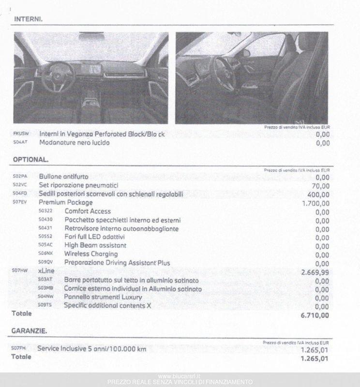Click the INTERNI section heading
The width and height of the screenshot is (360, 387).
(x=28, y=19)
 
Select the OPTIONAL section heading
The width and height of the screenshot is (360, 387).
(x=30, y=159)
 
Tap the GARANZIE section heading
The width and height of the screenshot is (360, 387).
(x=30, y=331)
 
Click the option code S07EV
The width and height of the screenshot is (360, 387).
(x=20, y=202)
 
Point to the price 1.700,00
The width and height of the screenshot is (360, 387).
(x=315, y=203)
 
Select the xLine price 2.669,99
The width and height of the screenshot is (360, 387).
(x=315, y=272)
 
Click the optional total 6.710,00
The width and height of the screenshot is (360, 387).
(x=315, y=315)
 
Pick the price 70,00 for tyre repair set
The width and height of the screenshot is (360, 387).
(x=320, y=186)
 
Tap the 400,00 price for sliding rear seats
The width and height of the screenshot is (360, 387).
(x=318, y=194)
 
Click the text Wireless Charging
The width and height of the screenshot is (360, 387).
(x=91, y=254)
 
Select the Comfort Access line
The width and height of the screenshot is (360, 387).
(x=88, y=211)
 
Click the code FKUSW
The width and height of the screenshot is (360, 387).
(x=21, y=134)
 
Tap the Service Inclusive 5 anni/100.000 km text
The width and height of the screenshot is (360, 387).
(x=91, y=349)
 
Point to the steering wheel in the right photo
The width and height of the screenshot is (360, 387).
(x=224, y=74)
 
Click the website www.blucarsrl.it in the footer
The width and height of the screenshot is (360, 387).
(x=180, y=376)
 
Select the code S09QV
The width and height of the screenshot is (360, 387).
(x=45, y=263)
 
